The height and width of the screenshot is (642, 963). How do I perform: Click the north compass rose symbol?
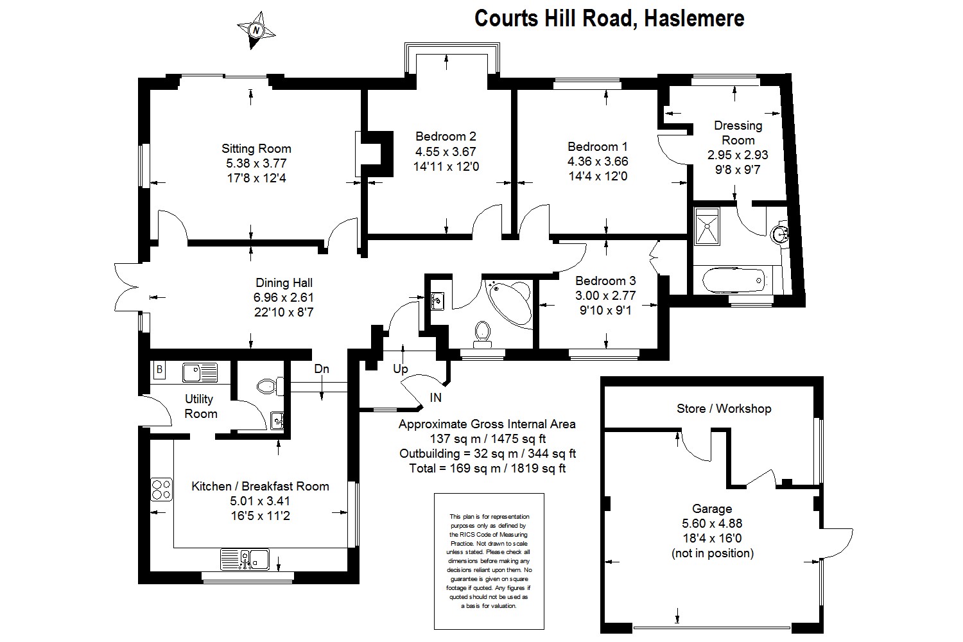click(x=256, y=30)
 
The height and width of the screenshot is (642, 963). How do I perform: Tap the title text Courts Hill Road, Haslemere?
click(x=609, y=18)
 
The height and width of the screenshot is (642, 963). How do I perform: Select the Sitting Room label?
click(x=256, y=149)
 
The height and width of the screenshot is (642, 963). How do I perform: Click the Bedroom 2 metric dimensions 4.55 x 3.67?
click(x=446, y=152)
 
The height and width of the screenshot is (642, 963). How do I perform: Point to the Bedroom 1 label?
click(x=598, y=146)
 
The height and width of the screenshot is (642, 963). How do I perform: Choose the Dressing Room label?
click(x=738, y=133)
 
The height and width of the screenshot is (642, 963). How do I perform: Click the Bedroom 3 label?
click(x=605, y=281)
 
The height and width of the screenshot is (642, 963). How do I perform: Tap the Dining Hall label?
click(x=284, y=282)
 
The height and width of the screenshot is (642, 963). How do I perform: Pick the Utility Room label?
click(x=200, y=406)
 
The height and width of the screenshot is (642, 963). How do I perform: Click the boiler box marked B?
click(x=159, y=370)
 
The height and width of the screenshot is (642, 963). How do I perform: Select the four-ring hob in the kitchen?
click(x=161, y=490)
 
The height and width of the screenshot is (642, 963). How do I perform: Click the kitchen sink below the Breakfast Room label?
click(x=246, y=559)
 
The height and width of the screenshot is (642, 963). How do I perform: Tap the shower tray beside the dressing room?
click(x=709, y=225)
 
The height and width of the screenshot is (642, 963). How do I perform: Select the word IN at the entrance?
click(x=435, y=398)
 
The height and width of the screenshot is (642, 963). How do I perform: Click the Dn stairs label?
click(x=322, y=369)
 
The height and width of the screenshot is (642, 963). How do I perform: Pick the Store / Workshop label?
click(x=724, y=408)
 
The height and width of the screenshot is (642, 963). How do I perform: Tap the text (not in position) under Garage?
click(x=713, y=553)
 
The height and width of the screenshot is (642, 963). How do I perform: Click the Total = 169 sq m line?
click(x=487, y=469)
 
